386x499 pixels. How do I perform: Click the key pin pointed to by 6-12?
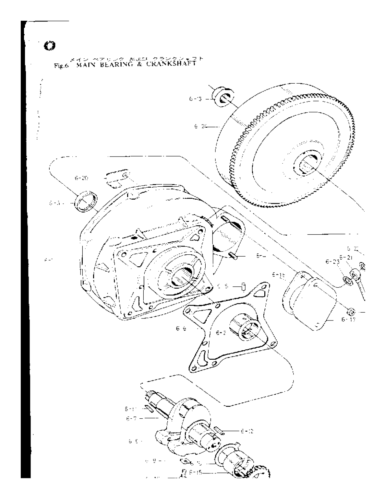click(218, 431)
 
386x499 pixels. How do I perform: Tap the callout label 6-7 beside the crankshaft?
click(133, 418)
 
